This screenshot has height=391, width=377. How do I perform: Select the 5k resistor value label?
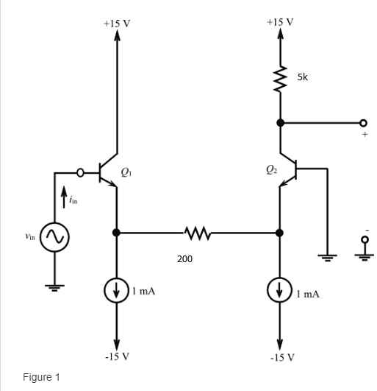(x=302, y=77)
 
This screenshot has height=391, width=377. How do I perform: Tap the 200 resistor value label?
(x=184, y=259)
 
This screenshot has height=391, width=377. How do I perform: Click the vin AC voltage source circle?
(x=55, y=237)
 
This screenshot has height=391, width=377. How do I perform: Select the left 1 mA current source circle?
(x=117, y=289)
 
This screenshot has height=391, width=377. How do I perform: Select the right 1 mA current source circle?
(x=279, y=291)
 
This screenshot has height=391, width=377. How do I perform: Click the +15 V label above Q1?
(x=117, y=23)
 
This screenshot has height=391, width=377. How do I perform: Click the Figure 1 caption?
(x=41, y=377)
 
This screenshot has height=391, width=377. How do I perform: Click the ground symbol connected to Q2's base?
(x=328, y=257)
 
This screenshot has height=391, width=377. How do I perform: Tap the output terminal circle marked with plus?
(x=362, y=123)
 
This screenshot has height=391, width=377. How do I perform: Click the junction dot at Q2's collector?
(x=279, y=123)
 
